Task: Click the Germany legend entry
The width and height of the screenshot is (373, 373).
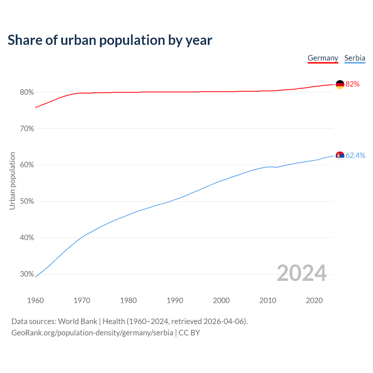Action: tap(323, 58)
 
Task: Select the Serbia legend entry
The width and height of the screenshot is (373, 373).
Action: tap(355, 58)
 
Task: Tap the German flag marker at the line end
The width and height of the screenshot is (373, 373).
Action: tap(340, 85)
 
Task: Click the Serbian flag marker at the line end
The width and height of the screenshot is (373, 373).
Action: tap(340, 156)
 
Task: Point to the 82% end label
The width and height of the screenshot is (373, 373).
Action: tap(353, 84)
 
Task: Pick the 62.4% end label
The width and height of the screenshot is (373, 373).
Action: tap(355, 156)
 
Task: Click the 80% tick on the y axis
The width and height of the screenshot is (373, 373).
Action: tap(27, 92)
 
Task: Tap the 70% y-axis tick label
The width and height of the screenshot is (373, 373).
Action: tap(27, 129)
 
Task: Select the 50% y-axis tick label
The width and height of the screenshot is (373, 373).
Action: tap(27, 201)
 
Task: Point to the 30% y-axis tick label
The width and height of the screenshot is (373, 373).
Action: tap(27, 274)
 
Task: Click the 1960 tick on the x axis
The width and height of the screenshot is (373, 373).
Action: tap(36, 300)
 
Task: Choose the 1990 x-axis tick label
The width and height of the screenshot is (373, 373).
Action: tap(175, 300)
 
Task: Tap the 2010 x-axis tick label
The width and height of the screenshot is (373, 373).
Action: tap(268, 300)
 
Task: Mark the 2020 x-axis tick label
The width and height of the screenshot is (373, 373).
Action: tap(314, 300)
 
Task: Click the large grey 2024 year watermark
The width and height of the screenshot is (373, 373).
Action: tap(302, 273)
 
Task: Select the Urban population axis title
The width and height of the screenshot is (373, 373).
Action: tap(12, 181)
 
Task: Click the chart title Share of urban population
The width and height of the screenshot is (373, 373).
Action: tap(110, 40)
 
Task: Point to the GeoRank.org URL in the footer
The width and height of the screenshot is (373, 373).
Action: tap(92, 333)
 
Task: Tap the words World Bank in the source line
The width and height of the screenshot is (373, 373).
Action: tap(78, 321)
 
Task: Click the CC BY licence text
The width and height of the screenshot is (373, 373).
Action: tap(189, 333)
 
